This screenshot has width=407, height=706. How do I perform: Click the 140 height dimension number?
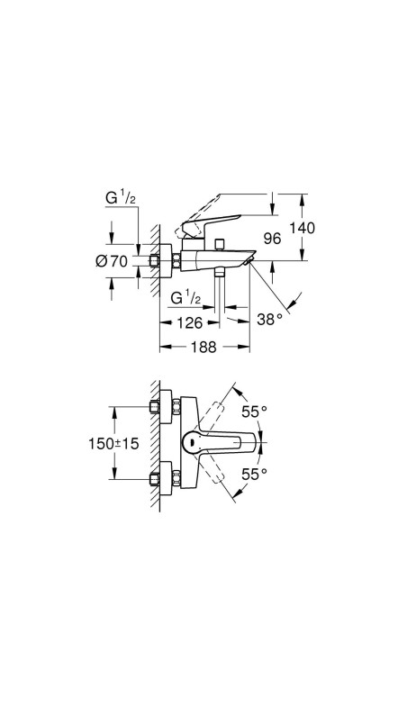(303, 228)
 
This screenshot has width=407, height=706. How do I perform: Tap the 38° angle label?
(269, 318)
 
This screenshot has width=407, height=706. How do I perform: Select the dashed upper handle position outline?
(219, 409)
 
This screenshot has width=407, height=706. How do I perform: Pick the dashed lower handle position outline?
(219, 475)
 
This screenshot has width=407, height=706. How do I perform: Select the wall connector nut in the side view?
(164, 262)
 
